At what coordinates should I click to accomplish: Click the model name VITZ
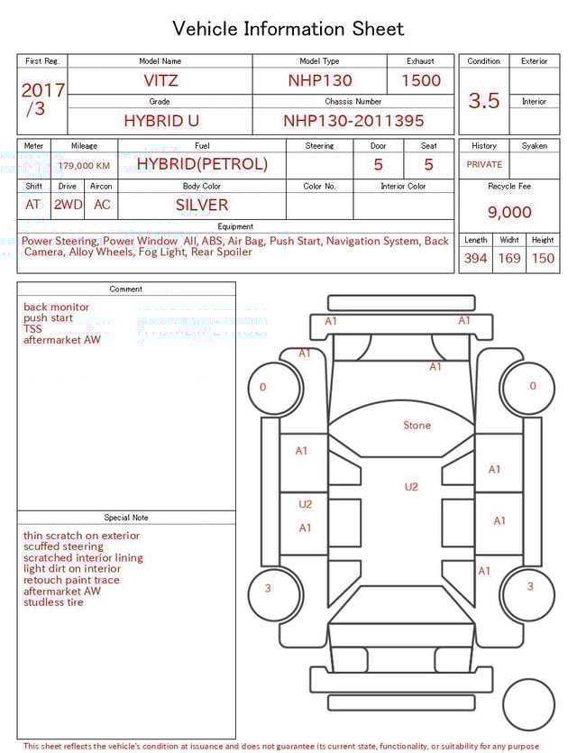tap(160, 80)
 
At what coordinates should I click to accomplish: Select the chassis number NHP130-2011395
tap(353, 121)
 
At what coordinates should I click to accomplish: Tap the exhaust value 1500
tap(421, 80)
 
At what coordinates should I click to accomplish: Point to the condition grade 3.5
tap(484, 101)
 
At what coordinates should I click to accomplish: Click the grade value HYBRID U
tap(161, 121)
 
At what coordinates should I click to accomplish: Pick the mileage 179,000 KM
tap(84, 166)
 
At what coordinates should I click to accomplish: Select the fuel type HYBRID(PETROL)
tap(202, 164)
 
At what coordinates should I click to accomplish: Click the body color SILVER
tap(202, 205)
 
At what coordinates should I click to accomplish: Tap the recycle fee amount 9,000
tap(509, 213)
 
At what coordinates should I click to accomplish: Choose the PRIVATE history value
tap(484, 165)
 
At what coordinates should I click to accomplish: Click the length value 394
tap(475, 259)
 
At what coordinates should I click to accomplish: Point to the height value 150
tap(543, 259)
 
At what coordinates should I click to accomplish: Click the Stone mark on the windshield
tap(417, 426)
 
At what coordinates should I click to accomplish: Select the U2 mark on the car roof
tap(411, 487)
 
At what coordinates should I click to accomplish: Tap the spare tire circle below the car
tap(528, 704)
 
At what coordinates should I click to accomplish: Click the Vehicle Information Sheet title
tap(288, 29)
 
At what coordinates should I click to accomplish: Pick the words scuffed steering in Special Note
tap(63, 546)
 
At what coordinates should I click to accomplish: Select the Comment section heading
tap(126, 289)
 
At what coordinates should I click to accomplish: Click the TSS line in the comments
tap(32, 329)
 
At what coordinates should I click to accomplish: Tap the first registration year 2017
tap(42, 90)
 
